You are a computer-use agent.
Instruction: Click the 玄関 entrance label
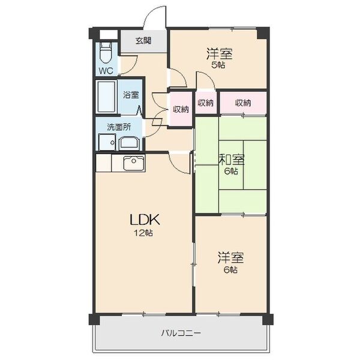(143, 41)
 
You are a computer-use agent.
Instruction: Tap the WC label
(106, 71)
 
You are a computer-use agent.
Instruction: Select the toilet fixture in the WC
(106, 53)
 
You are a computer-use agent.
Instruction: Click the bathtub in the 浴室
(109, 97)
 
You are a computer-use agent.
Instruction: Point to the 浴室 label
(131, 95)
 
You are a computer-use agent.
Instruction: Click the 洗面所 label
(117, 127)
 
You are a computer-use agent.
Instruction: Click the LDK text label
(144, 219)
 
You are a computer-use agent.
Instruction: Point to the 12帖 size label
(144, 233)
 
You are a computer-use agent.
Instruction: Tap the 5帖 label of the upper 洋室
(219, 65)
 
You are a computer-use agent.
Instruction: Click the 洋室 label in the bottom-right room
(231, 259)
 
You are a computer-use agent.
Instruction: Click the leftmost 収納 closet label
(181, 109)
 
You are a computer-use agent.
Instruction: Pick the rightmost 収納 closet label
(243, 103)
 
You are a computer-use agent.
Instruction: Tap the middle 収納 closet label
(205, 103)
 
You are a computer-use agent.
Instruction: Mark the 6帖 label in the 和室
(232, 171)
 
